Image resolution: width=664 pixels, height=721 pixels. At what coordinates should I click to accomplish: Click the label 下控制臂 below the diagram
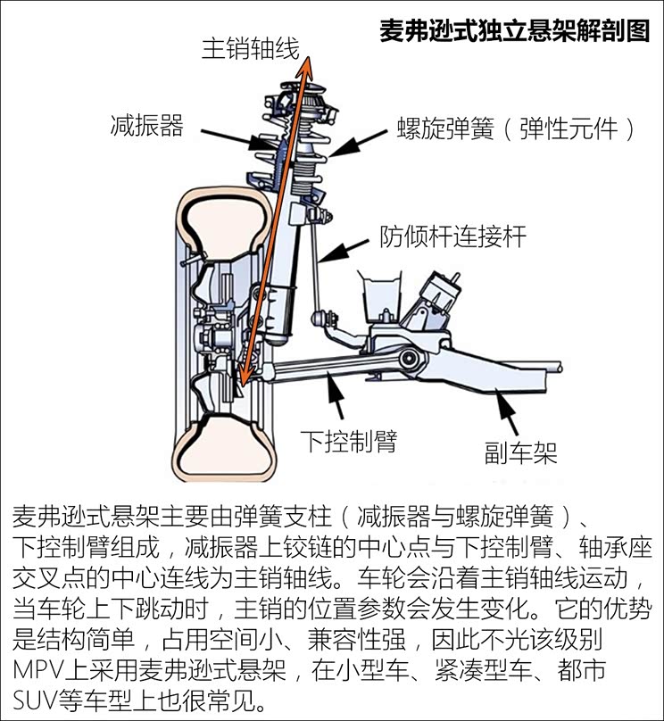point(349,440)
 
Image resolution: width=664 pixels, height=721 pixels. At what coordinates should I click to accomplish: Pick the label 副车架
point(521,452)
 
